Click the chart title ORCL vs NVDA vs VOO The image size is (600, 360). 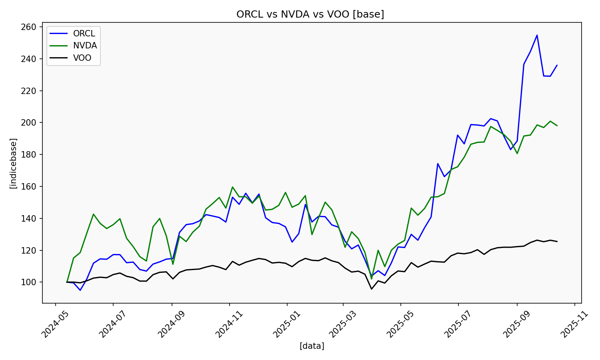point(310,14)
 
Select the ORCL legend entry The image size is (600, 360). point(84,34)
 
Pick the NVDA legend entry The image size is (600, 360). point(84,46)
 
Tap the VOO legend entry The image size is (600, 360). point(82,58)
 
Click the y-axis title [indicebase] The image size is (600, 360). point(14,163)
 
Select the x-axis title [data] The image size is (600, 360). point(312,346)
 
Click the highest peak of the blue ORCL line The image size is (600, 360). point(537,35)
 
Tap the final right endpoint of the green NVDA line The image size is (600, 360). point(557,126)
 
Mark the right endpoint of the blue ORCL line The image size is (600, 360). point(557,65)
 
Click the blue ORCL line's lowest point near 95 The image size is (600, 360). point(80,290)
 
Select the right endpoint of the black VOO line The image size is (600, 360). point(557,242)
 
